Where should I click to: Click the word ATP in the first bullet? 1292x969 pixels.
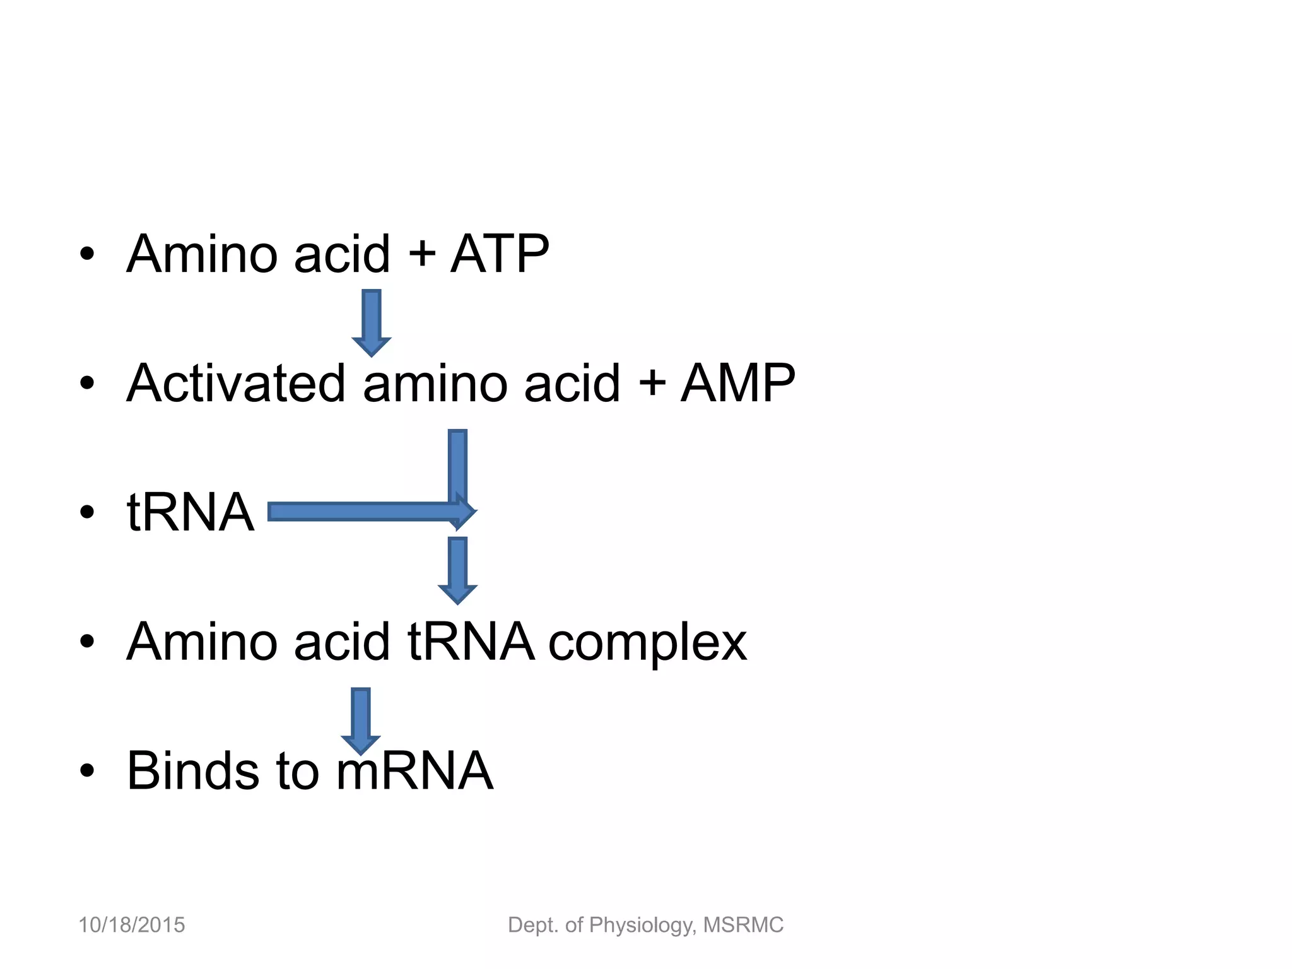(500, 254)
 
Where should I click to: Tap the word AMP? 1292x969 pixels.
(737, 383)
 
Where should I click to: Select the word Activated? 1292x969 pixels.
(236, 383)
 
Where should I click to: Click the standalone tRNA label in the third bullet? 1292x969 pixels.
(191, 512)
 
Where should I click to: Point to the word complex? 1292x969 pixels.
(647, 642)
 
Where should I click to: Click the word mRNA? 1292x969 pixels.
(414, 770)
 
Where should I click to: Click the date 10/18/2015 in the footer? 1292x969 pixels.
(131, 925)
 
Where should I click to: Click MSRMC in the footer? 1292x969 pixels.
(743, 925)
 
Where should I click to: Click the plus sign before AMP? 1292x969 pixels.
(652, 384)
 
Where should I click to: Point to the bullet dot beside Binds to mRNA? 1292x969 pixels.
(87, 770)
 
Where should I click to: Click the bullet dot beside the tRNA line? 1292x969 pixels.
(87, 512)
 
